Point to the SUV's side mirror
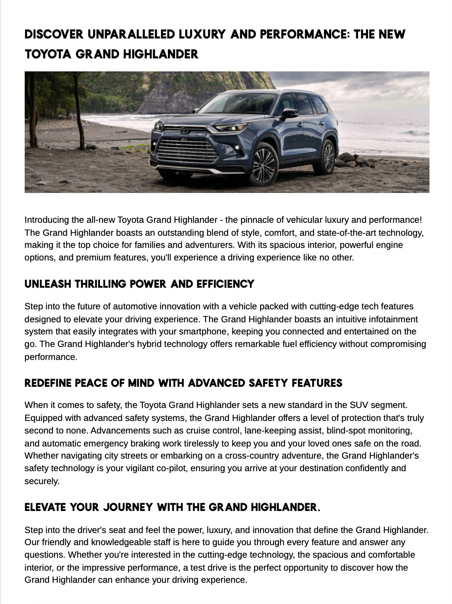pyautogui.click(x=289, y=113)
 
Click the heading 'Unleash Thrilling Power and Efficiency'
pyautogui.click(x=139, y=284)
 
